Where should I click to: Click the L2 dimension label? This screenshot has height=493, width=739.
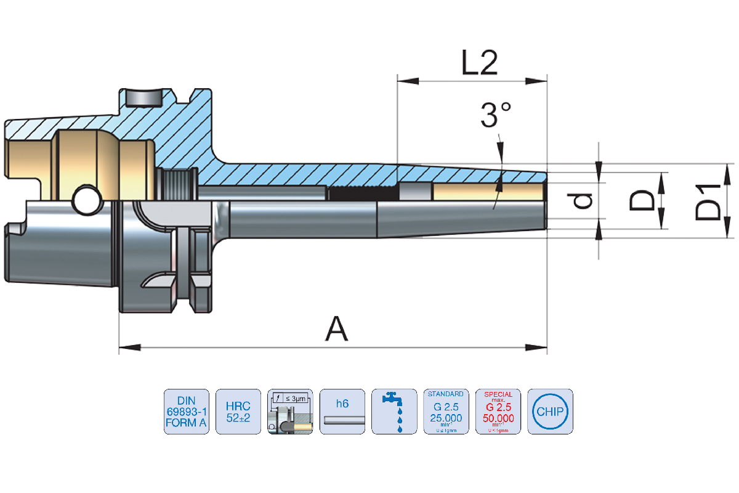tap(480, 62)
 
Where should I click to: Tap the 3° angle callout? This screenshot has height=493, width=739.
tap(496, 115)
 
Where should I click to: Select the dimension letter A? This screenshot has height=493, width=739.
tap(336, 328)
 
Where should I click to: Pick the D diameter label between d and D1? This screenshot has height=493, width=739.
tap(642, 201)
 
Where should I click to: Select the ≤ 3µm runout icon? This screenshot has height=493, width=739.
tap(291, 411)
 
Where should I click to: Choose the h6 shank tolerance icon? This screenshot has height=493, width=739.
tap(342, 411)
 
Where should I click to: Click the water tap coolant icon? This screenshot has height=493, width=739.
tap(394, 411)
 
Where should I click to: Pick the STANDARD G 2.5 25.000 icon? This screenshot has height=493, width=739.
tap(446, 411)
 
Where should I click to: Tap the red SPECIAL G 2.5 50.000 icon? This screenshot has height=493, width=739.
tap(498, 411)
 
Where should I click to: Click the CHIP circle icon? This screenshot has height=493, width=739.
tap(550, 411)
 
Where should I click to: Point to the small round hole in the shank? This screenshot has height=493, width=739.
tap(86, 200)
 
